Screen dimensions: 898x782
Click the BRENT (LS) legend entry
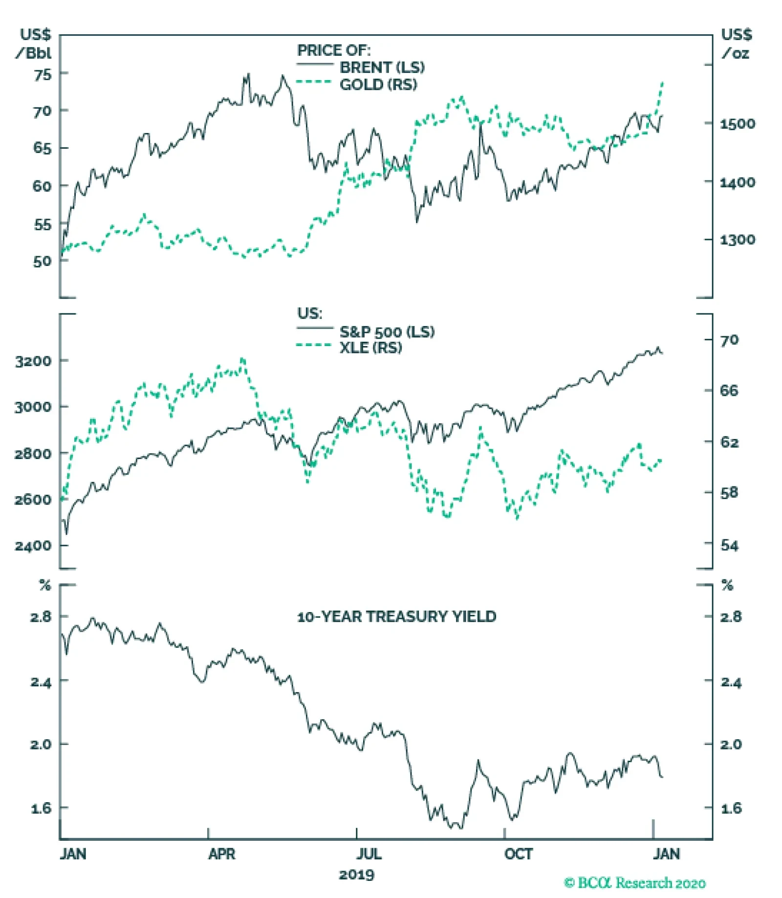tap(382, 67)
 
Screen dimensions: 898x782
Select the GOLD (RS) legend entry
tap(378, 85)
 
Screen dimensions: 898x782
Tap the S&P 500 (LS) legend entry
tap(387, 332)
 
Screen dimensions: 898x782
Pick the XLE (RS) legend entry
tap(370, 348)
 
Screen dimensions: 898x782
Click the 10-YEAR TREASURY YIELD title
tap(396, 616)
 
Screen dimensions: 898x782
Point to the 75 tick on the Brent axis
tap(42, 75)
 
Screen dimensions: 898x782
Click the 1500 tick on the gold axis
tap(737, 124)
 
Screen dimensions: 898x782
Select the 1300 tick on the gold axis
tap(737, 240)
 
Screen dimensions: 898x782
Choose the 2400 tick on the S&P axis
tap(33, 546)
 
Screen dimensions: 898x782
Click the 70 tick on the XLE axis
tap(729, 340)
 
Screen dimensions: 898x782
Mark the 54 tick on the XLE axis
tap(729, 545)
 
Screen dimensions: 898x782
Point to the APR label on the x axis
tap(221, 854)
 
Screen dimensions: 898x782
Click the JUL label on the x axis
tap(369, 854)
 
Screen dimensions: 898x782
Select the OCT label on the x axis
tap(518, 854)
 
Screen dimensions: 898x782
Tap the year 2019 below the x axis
tap(356, 875)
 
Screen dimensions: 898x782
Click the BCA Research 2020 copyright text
tap(634, 883)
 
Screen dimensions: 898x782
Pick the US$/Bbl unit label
tap(34, 44)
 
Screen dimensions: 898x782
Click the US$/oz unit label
tap(736, 44)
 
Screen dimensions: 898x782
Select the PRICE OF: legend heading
tap(334, 50)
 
